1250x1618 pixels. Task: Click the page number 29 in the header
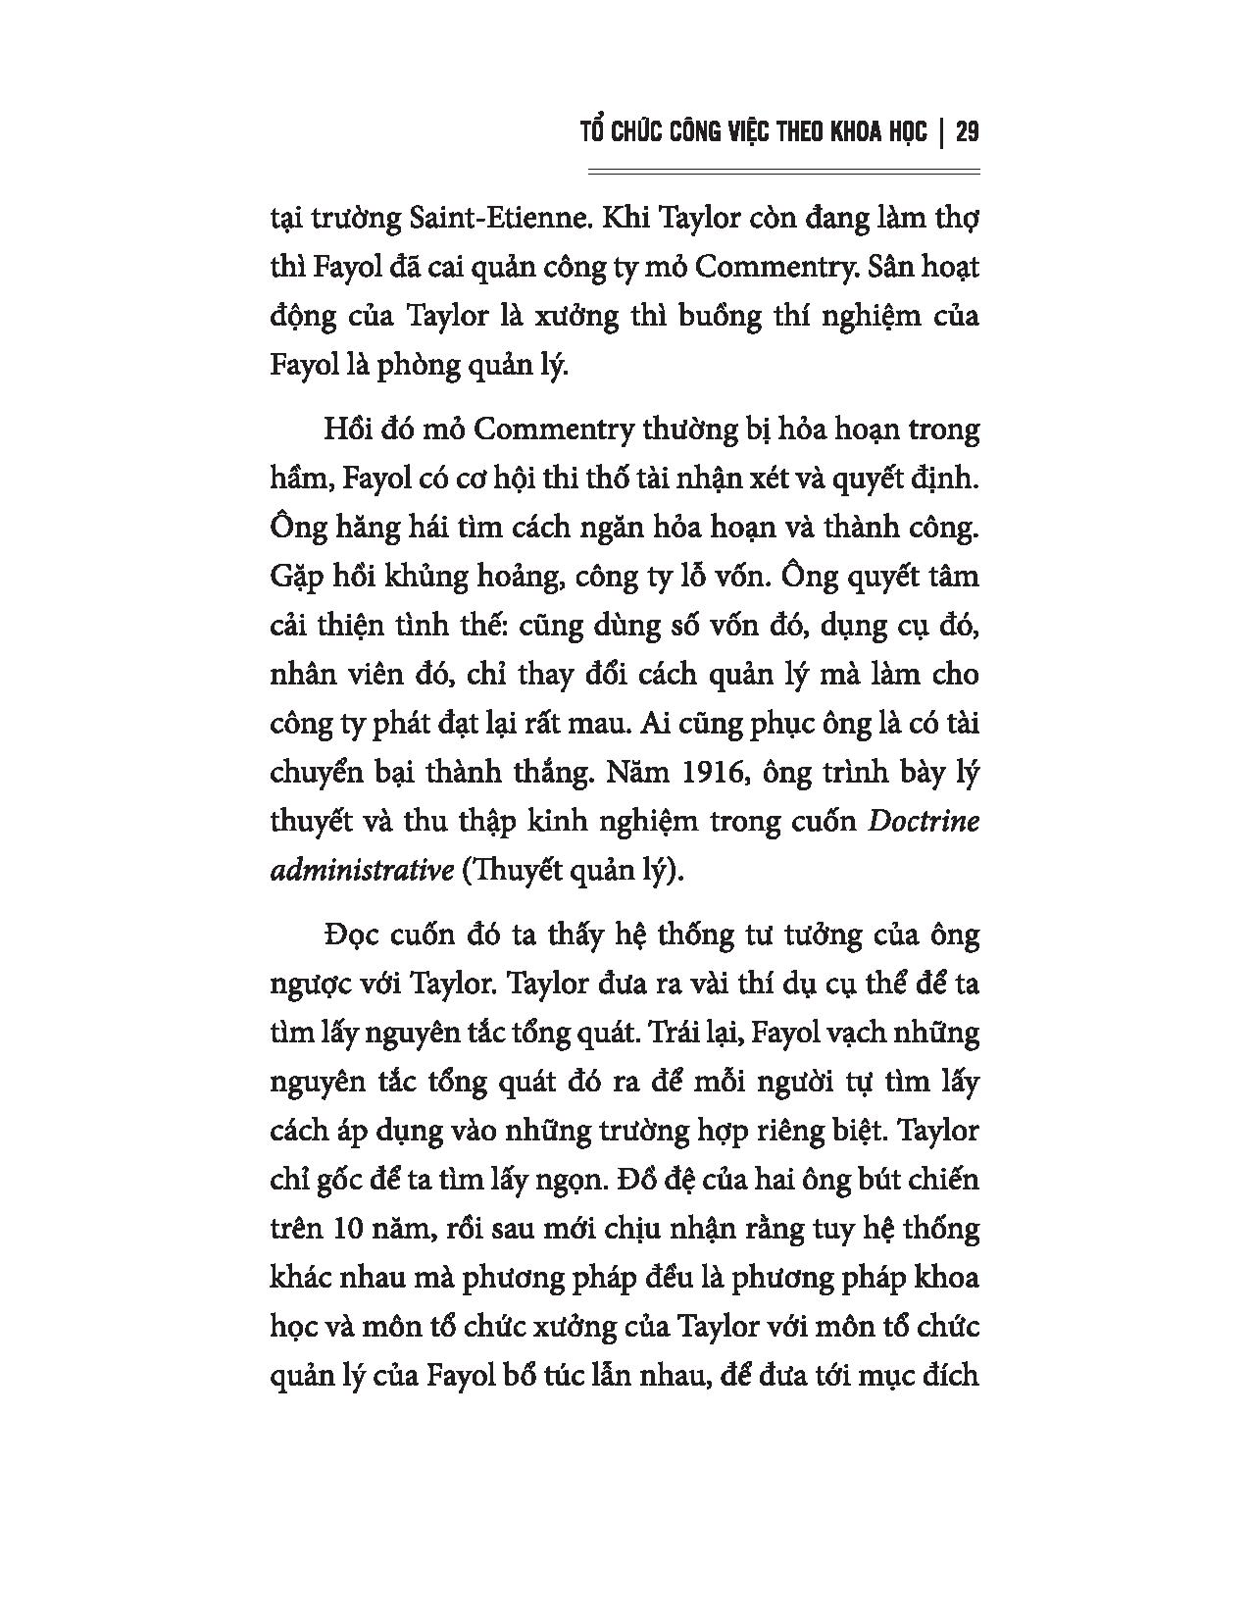tap(966, 132)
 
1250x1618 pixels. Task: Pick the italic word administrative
tap(359, 871)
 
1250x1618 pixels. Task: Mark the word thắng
tap(551, 773)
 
